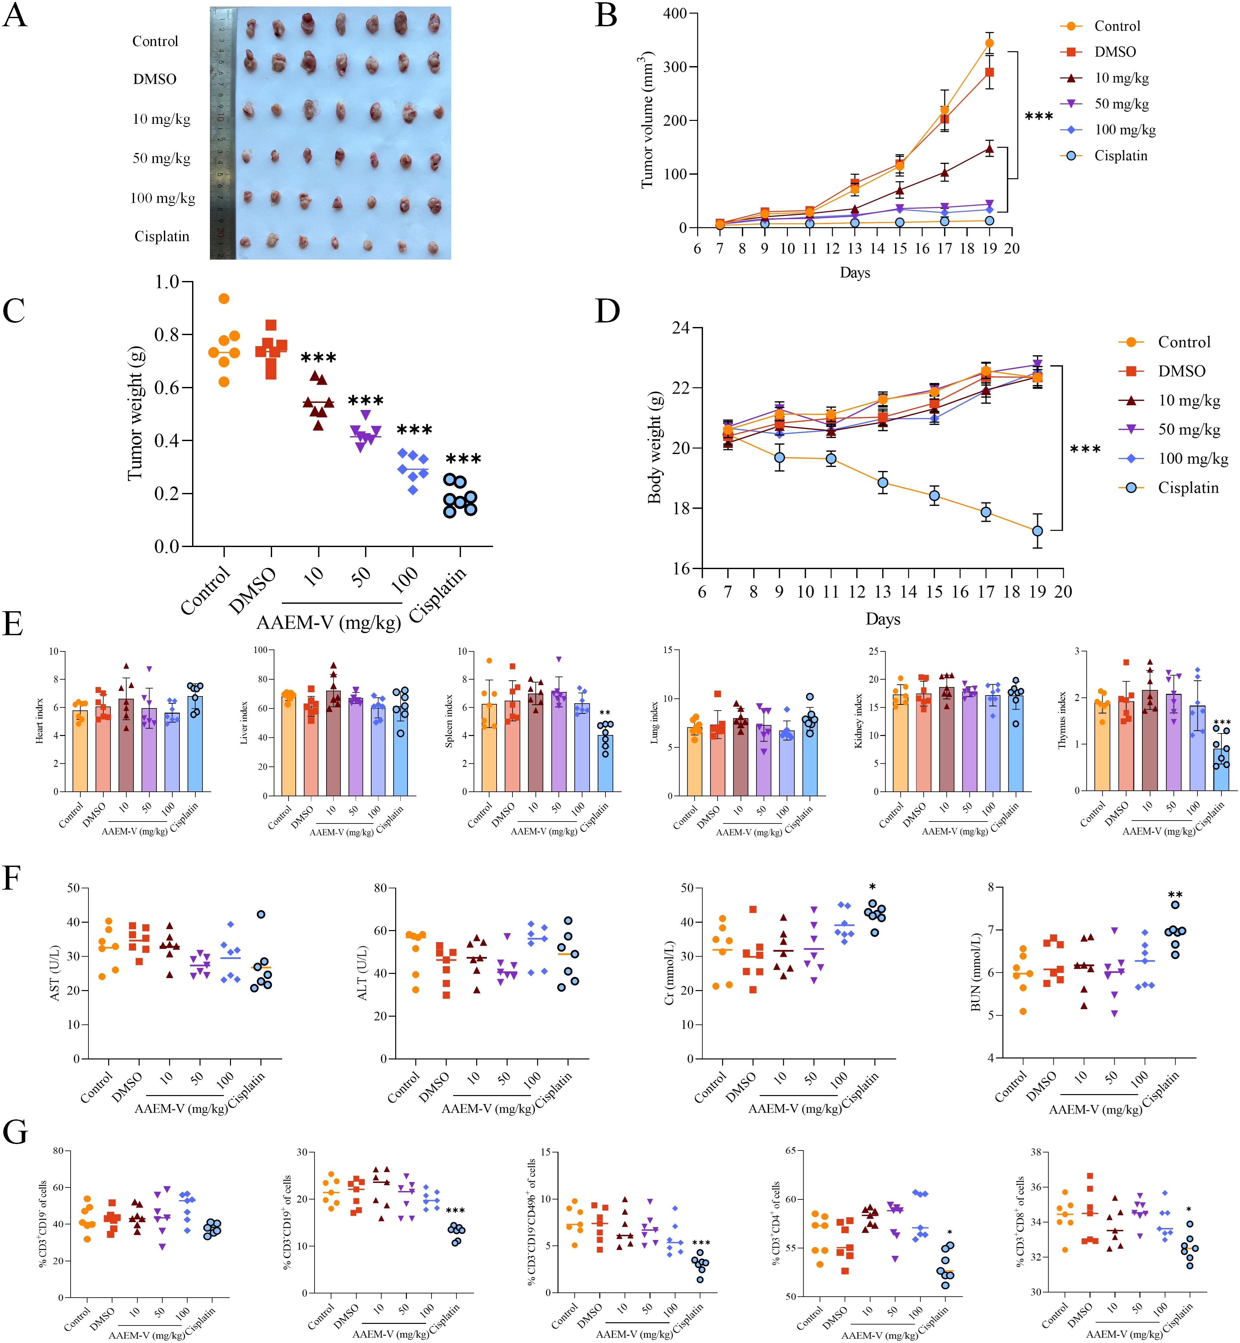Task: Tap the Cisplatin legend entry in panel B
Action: tap(1120, 156)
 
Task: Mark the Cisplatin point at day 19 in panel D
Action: tap(1037, 531)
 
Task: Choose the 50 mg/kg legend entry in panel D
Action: tap(1188, 429)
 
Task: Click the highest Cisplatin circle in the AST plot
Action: tap(261, 914)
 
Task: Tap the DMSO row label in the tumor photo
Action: tap(154, 79)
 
